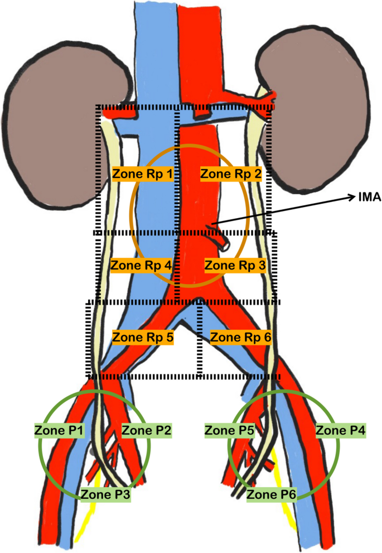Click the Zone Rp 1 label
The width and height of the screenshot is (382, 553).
click(x=142, y=174)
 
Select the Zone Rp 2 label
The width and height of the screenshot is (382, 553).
click(x=230, y=174)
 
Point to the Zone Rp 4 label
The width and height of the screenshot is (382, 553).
click(x=142, y=265)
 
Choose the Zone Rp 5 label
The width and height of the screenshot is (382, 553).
click(x=143, y=337)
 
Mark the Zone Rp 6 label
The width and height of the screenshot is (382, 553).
click(x=240, y=337)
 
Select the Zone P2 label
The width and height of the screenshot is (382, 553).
click(x=146, y=430)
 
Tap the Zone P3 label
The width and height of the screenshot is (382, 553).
click(x=105, y=493)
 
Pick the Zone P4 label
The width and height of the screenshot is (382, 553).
click(x=341, y=430)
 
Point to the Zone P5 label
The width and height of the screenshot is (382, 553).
click(x=230, y=430)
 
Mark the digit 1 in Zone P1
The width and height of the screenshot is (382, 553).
click(x=80, y=430)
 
